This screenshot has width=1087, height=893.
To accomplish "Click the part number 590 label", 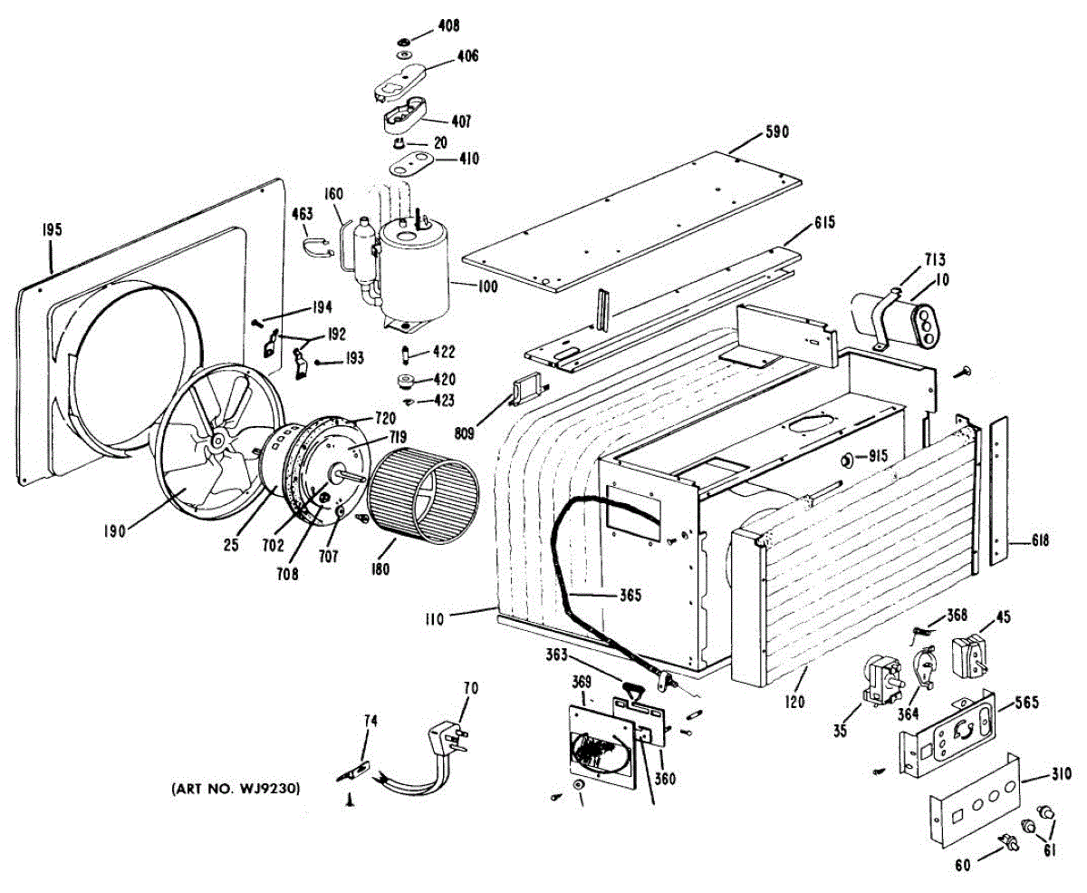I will click(x=777, y=131).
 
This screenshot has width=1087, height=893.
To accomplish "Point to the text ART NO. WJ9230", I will click(x=236, y=790).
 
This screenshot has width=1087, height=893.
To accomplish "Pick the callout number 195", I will click(x=51, y=230).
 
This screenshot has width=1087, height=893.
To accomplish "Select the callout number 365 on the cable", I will click(x=630, y=596).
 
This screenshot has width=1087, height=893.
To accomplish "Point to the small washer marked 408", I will click(x=401, y=42).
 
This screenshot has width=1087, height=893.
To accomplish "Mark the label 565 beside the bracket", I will click(x=1025, y=703).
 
